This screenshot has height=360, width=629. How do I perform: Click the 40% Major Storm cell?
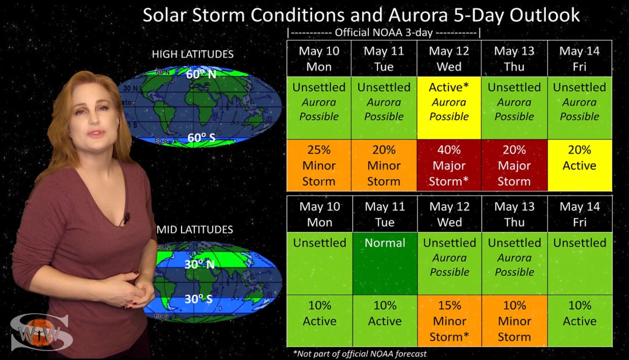click(449, 165)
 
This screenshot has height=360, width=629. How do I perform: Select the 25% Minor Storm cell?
click(319, 165)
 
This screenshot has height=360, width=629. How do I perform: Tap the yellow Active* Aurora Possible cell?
click(449, 108)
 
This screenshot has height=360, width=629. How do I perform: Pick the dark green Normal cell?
click(385, 264)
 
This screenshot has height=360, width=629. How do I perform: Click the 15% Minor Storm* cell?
click(449, 321)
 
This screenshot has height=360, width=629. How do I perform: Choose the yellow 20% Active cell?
click(580, 165)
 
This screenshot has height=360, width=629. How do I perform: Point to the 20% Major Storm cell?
click(514, 165)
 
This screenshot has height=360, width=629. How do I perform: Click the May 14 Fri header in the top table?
click(580, 58)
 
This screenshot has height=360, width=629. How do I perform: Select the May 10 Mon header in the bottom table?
click(320, 214)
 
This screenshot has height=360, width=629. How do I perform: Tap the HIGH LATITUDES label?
click(192, 54)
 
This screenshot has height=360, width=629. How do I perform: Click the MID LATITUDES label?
click(195, 230)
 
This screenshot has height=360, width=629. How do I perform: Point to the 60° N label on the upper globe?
click(201, 74)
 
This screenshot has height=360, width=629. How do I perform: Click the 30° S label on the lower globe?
click(199, 299)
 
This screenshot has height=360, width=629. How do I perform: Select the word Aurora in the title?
click(418, 15)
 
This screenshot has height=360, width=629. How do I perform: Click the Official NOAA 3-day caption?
click(384, 32)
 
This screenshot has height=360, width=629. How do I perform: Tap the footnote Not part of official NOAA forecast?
click(360, 353)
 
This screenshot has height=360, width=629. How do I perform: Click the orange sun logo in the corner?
click(42, 333)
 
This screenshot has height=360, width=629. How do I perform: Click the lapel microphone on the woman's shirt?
click(126, 217)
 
